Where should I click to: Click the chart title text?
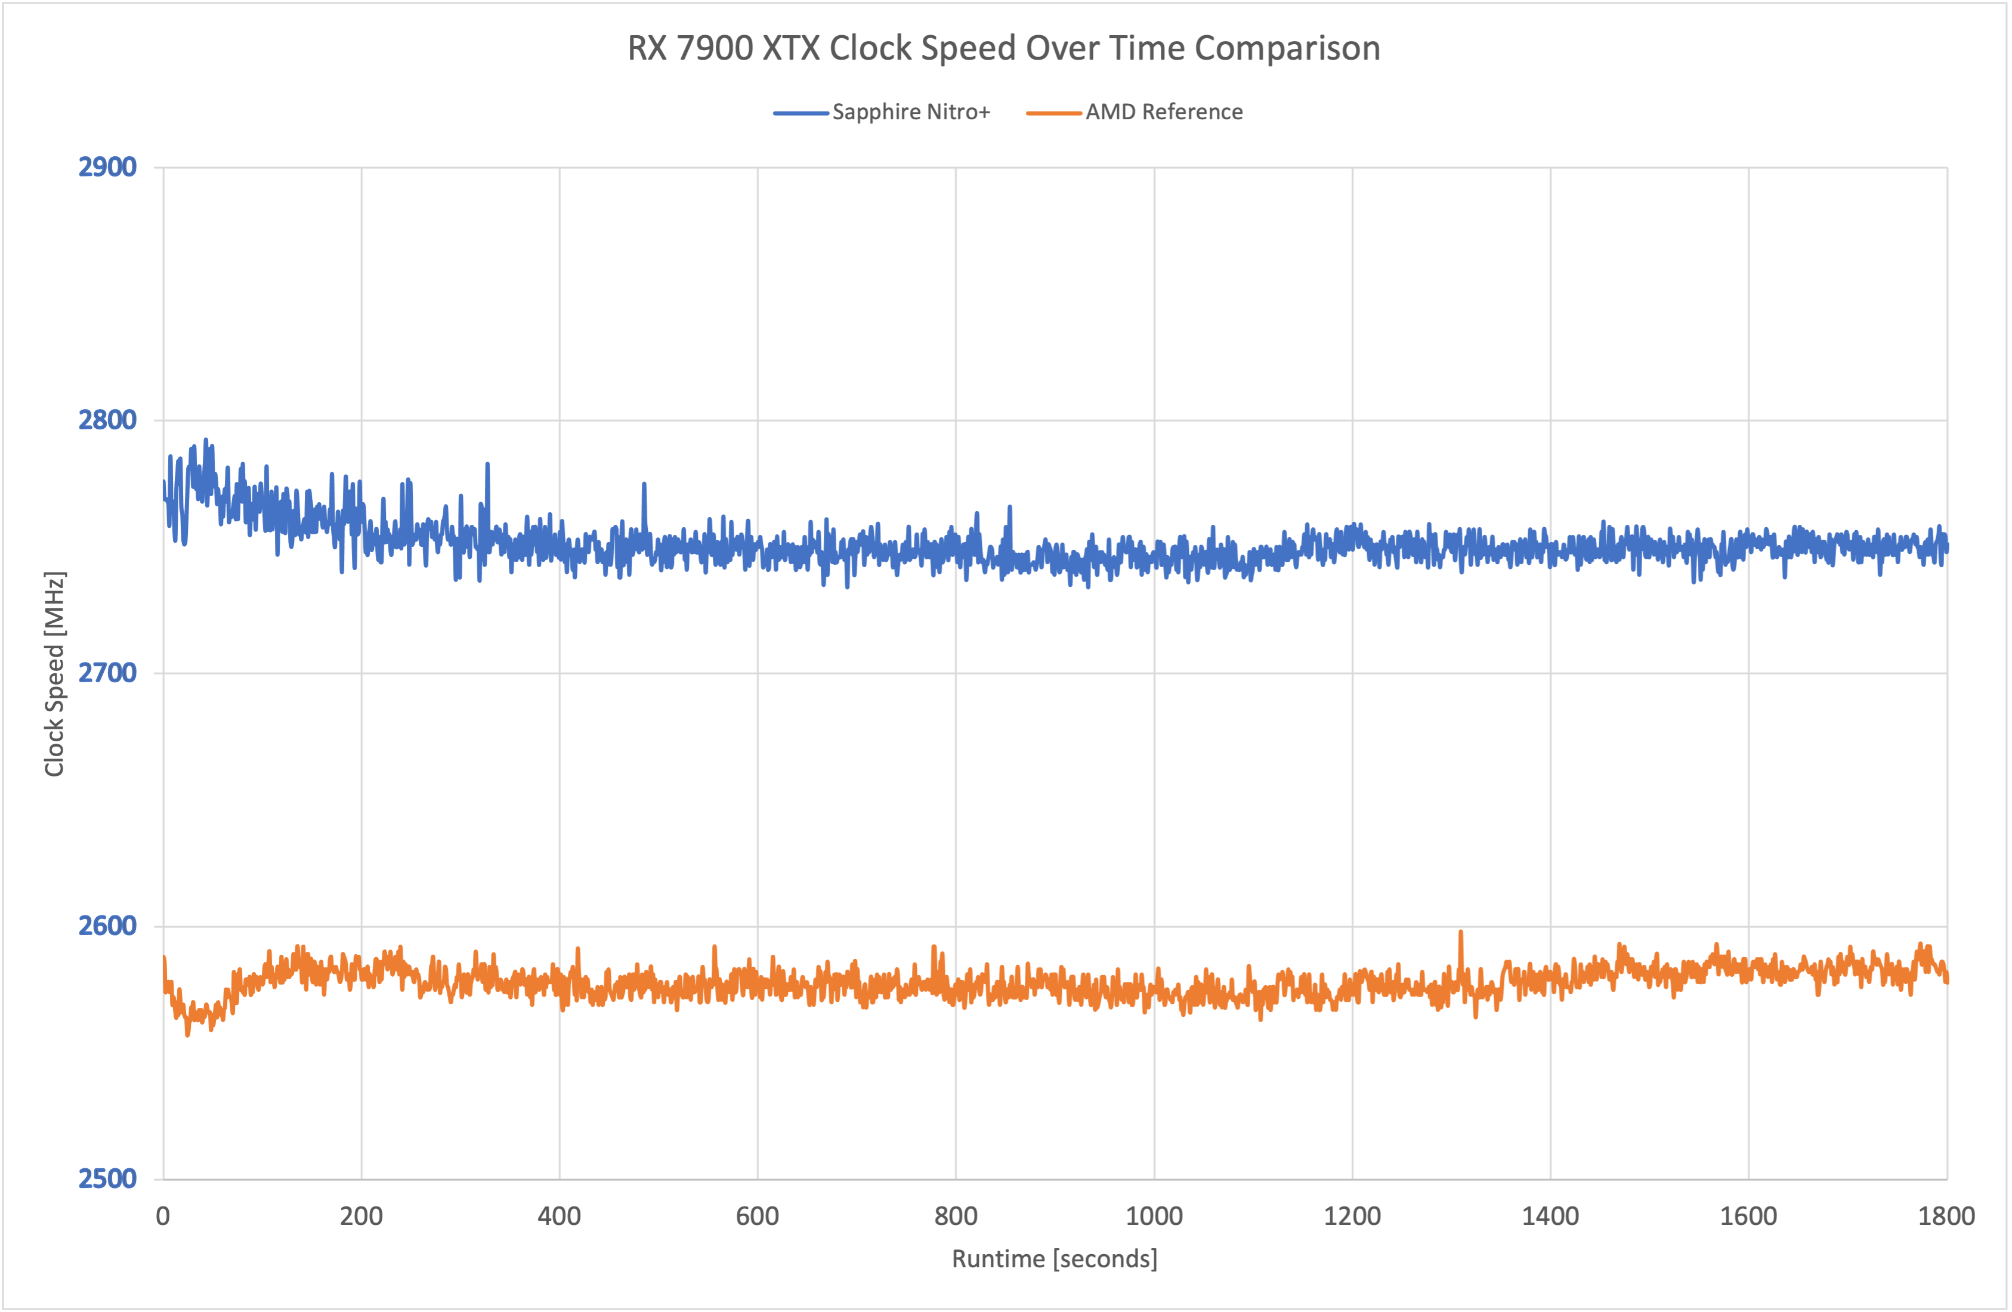(1003, 48)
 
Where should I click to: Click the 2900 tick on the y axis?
(107, 168)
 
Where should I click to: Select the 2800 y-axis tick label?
(107, 420)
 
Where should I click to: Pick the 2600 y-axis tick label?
(107, 926)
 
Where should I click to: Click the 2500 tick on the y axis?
(107, 1178)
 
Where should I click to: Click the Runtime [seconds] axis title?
(1054, 1259)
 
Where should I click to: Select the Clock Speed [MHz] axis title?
(54, 674)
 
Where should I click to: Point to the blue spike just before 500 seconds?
(644, 486)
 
